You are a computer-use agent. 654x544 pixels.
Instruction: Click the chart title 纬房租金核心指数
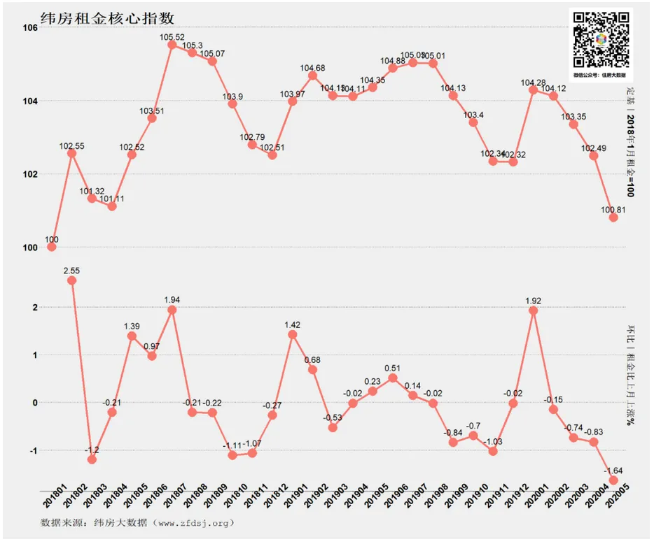point(108,17)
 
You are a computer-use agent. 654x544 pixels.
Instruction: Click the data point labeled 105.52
point(172,45)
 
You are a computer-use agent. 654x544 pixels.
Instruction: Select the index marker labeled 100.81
point(613,217)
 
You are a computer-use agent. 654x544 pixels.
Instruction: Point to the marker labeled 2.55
point(71,280)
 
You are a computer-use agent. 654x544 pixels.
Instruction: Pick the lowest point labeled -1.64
point(613,480)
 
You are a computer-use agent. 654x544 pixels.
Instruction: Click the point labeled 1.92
point(533,310)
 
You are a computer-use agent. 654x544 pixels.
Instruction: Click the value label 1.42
point(292,324)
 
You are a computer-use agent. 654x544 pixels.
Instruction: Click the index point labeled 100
point(51,247)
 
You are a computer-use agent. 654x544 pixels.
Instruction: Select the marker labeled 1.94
point(172,310)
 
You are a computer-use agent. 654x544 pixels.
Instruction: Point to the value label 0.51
point(392,368)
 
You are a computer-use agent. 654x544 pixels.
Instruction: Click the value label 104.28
point(534,83)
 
